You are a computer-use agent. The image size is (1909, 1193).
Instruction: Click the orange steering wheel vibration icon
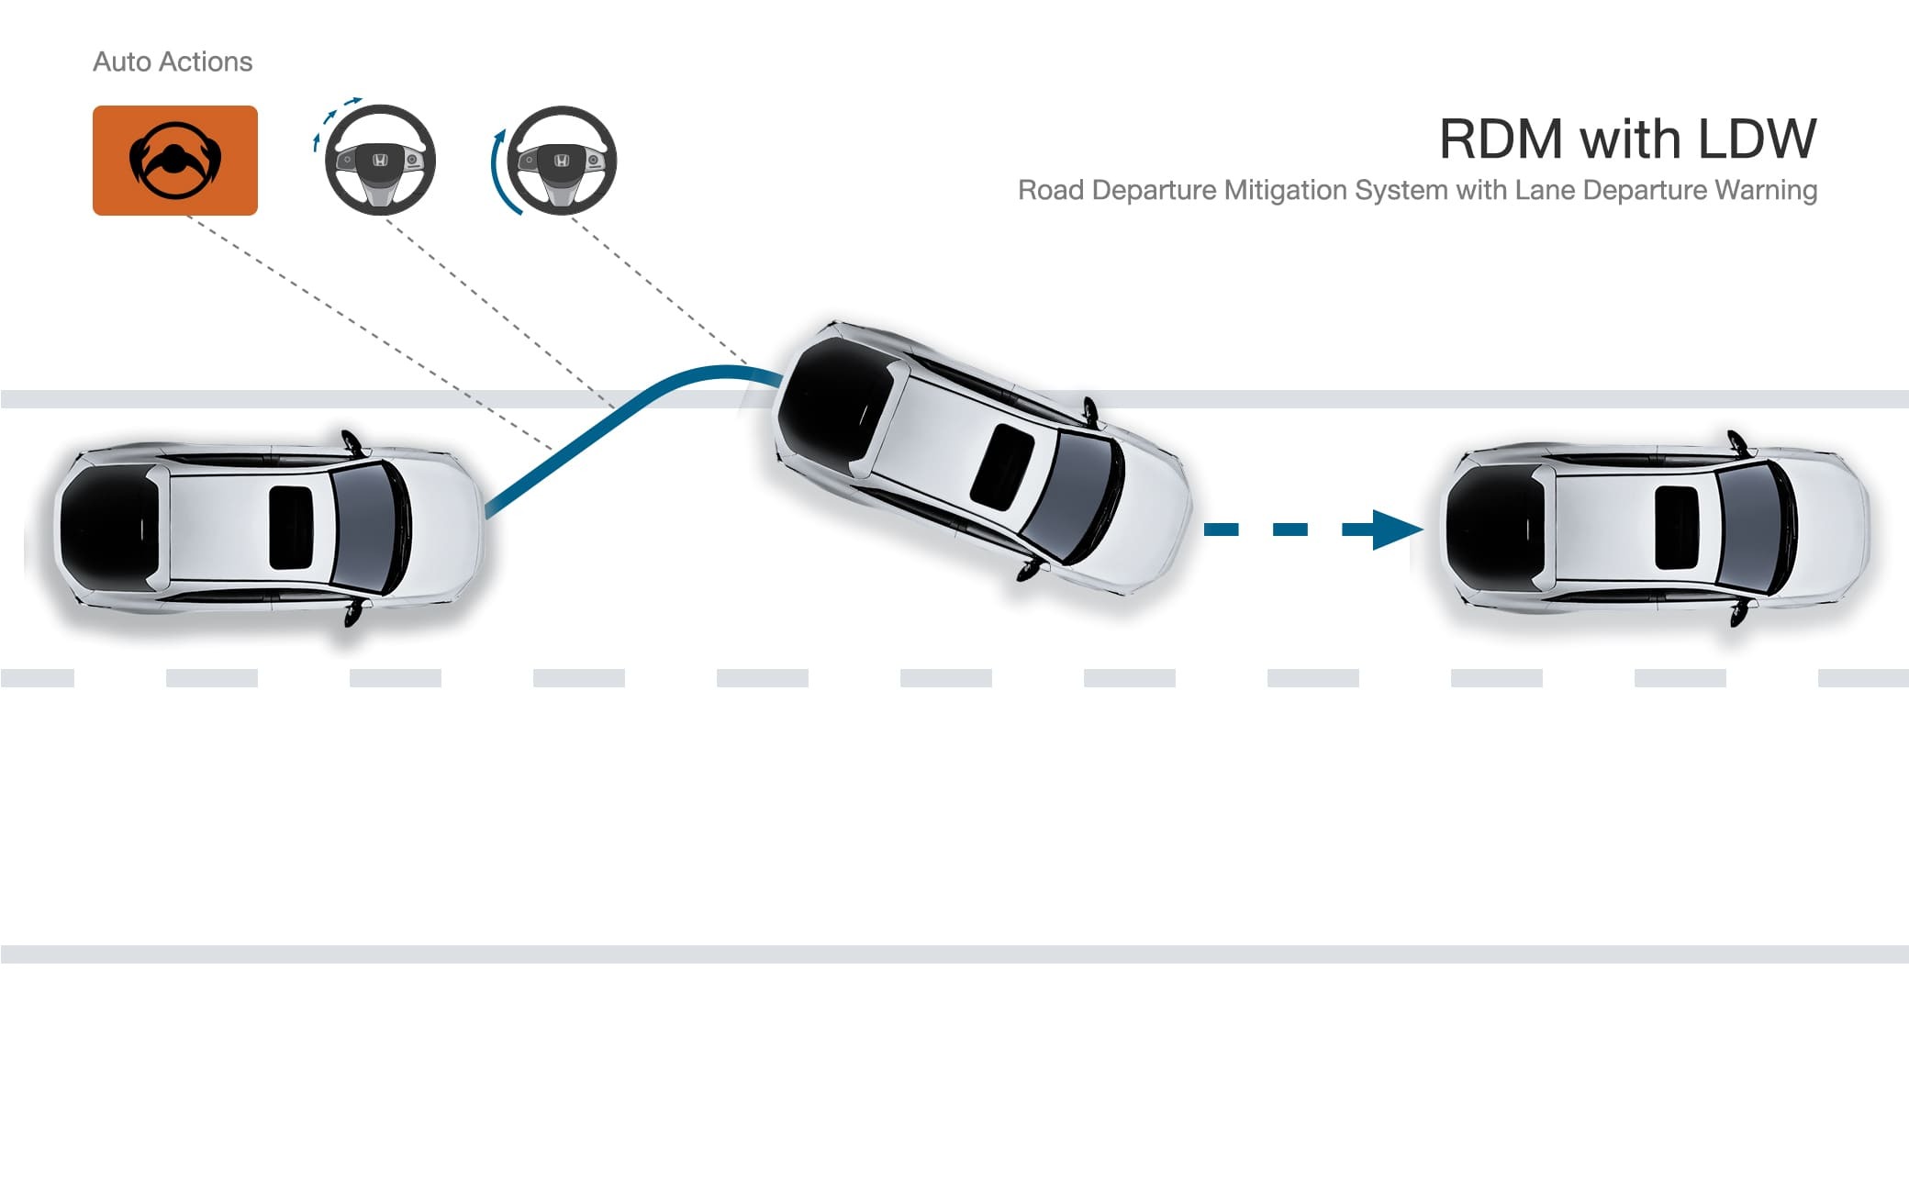tap(174, 161)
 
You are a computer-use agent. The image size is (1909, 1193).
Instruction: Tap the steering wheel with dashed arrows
tap(379, 160)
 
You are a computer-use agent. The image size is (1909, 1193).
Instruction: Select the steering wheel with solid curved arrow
tap(561, 161)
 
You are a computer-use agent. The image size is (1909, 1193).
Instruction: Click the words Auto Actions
tap(173, 61)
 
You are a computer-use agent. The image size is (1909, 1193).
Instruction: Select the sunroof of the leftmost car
tap(291, 528)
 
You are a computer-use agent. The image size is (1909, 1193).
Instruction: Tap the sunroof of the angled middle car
tap(1001, 466)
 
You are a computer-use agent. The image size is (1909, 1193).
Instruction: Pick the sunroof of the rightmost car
tap(1676, 528)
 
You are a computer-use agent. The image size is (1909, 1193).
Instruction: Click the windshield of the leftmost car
tap(367, 528)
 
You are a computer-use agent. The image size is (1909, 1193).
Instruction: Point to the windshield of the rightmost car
tap(1753, 528)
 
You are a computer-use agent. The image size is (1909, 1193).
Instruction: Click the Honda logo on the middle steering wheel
tap(380, 161)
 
